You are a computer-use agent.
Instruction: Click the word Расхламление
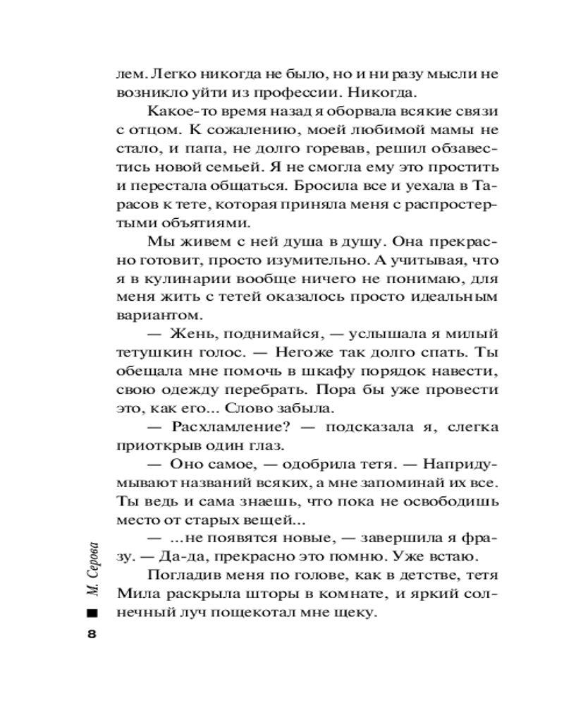coord(228,427)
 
